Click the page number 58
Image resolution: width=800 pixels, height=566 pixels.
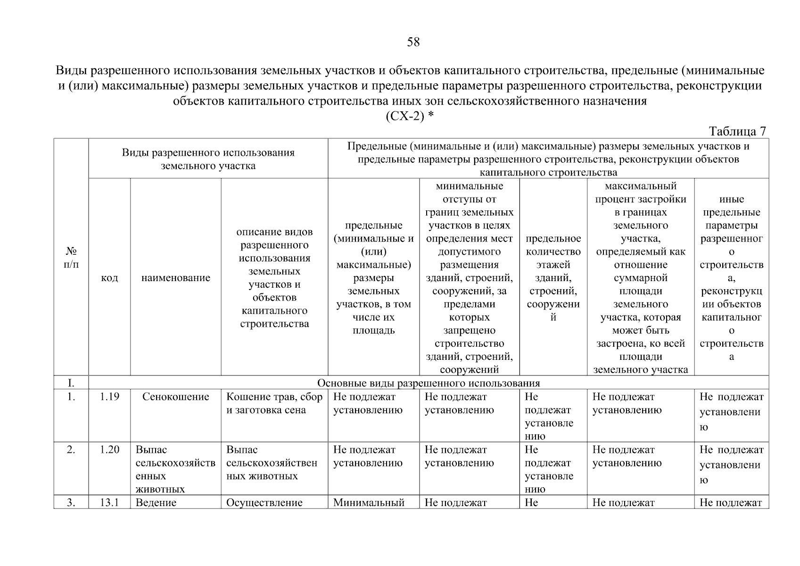(x=413, y=42)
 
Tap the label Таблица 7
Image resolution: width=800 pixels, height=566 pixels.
(x=737, y=131)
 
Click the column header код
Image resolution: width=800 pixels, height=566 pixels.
(x=109, y=278)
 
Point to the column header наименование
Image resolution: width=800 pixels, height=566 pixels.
(x=175, y=278)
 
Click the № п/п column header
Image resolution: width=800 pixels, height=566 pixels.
(x=71, y=257)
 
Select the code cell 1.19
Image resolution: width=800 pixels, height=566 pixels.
(x=109, y=397)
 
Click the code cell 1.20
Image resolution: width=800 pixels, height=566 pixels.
(x=109, y=450)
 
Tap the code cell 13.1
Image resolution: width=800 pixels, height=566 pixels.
(x=109, y=503)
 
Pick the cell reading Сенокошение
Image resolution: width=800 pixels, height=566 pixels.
(x=175, y=397)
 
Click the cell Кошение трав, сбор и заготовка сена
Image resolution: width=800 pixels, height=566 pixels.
(x=274, y=404)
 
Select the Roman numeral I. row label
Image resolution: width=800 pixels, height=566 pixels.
(x=71, y=383)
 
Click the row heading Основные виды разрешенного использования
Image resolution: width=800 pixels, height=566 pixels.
(x=428, y=383)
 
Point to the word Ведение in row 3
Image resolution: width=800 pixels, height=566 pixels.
(x=156, y=503)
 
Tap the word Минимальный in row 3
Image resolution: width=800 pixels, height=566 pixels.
(x=369, y=503)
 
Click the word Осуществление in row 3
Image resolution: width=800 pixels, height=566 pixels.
(x=264, y=503)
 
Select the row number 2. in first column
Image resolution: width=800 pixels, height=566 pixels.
(x=71, y=450)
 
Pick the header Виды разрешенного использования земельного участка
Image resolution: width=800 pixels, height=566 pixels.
(x=208, y=159)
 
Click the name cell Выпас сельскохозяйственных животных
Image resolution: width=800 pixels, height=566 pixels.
(x=175, y=469)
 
